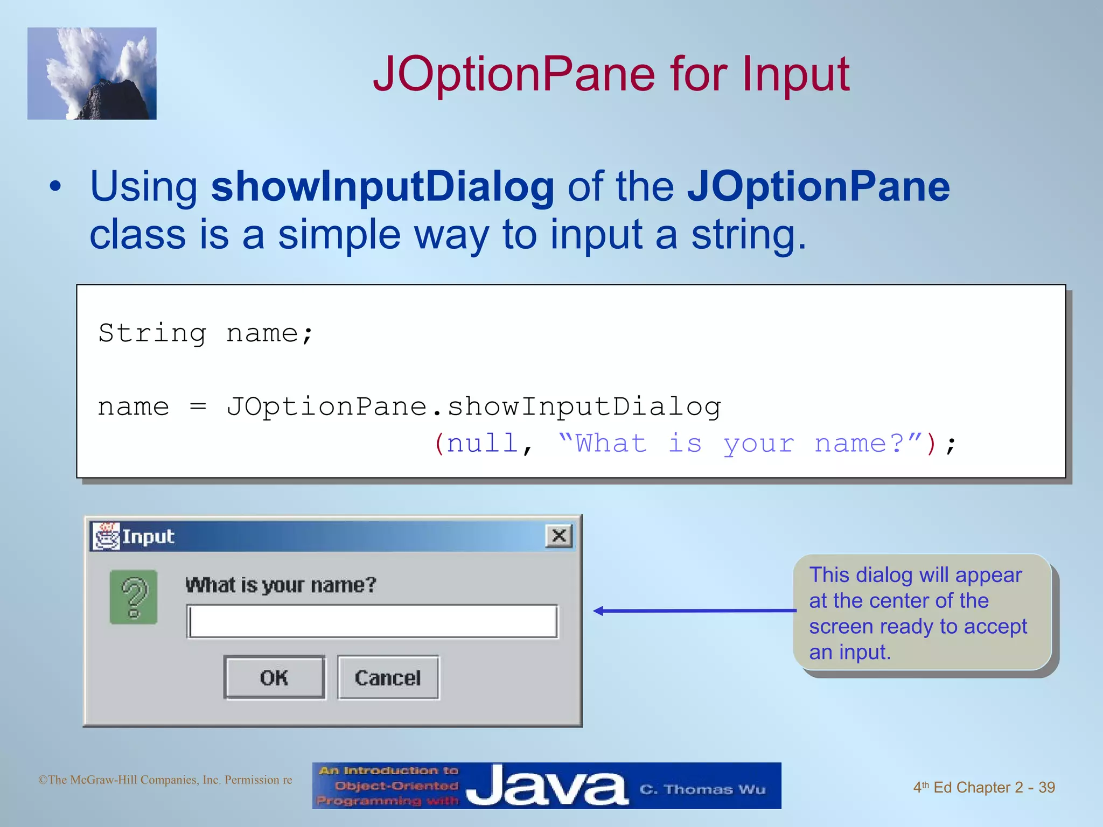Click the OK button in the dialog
coord(274,677)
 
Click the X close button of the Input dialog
coord(559,536)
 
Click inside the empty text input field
coord(373,621)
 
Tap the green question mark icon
coord(134,597)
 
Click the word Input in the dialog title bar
coord(148,537)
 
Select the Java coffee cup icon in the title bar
coord(106,536)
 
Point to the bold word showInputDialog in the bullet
coord(382,186)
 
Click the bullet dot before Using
coord(55,187)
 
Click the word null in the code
coord(482,444)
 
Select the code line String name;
coord(205,333)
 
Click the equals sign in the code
coord(198,407)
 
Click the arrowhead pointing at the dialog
coord(598,611)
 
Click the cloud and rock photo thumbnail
coord(92,74)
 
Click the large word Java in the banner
coord(547,786)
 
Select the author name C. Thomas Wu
coord(702,789)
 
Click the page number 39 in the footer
coord(1046,787)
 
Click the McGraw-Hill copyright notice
coord(165,780)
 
